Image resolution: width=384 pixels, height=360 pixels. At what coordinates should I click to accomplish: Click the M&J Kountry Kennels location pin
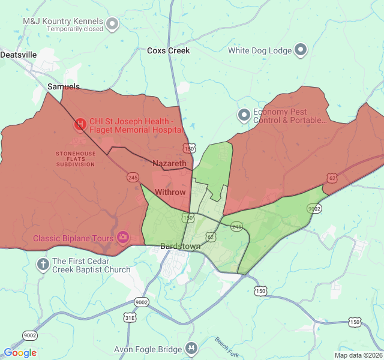tap(112, 24)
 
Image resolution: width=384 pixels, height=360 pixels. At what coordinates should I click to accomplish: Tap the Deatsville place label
tap(19, 55)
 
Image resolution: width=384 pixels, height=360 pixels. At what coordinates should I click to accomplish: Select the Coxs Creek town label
tap(168, 51)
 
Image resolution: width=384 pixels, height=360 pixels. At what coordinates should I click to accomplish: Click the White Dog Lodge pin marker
tap(301, 50)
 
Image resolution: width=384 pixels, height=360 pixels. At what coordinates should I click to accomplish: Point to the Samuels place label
tap(64, 87)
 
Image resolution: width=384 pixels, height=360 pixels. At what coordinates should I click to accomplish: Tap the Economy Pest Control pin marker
tap(244, 115)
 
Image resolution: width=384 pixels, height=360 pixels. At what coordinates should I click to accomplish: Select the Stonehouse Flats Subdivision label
tap(76, 159)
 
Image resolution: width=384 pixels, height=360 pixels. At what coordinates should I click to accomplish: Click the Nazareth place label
tap(169, 163)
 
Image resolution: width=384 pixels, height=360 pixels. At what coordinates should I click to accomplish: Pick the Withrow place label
tap(170, 192)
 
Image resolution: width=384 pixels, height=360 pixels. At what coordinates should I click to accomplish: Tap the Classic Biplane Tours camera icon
tap(123, 238)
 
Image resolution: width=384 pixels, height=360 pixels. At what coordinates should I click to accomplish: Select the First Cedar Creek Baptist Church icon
tap(43, 263)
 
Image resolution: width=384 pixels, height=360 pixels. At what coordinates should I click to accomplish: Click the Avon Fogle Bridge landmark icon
tap(191, 348)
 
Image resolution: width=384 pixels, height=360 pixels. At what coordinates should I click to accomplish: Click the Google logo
tap(20, 353)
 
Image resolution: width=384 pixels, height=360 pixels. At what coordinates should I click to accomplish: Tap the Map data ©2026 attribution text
tap(358, 355)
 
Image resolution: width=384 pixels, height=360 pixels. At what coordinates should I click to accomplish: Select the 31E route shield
tap(130, 317)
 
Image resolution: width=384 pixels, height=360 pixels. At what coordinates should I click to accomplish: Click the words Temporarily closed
tap(75, 29)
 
